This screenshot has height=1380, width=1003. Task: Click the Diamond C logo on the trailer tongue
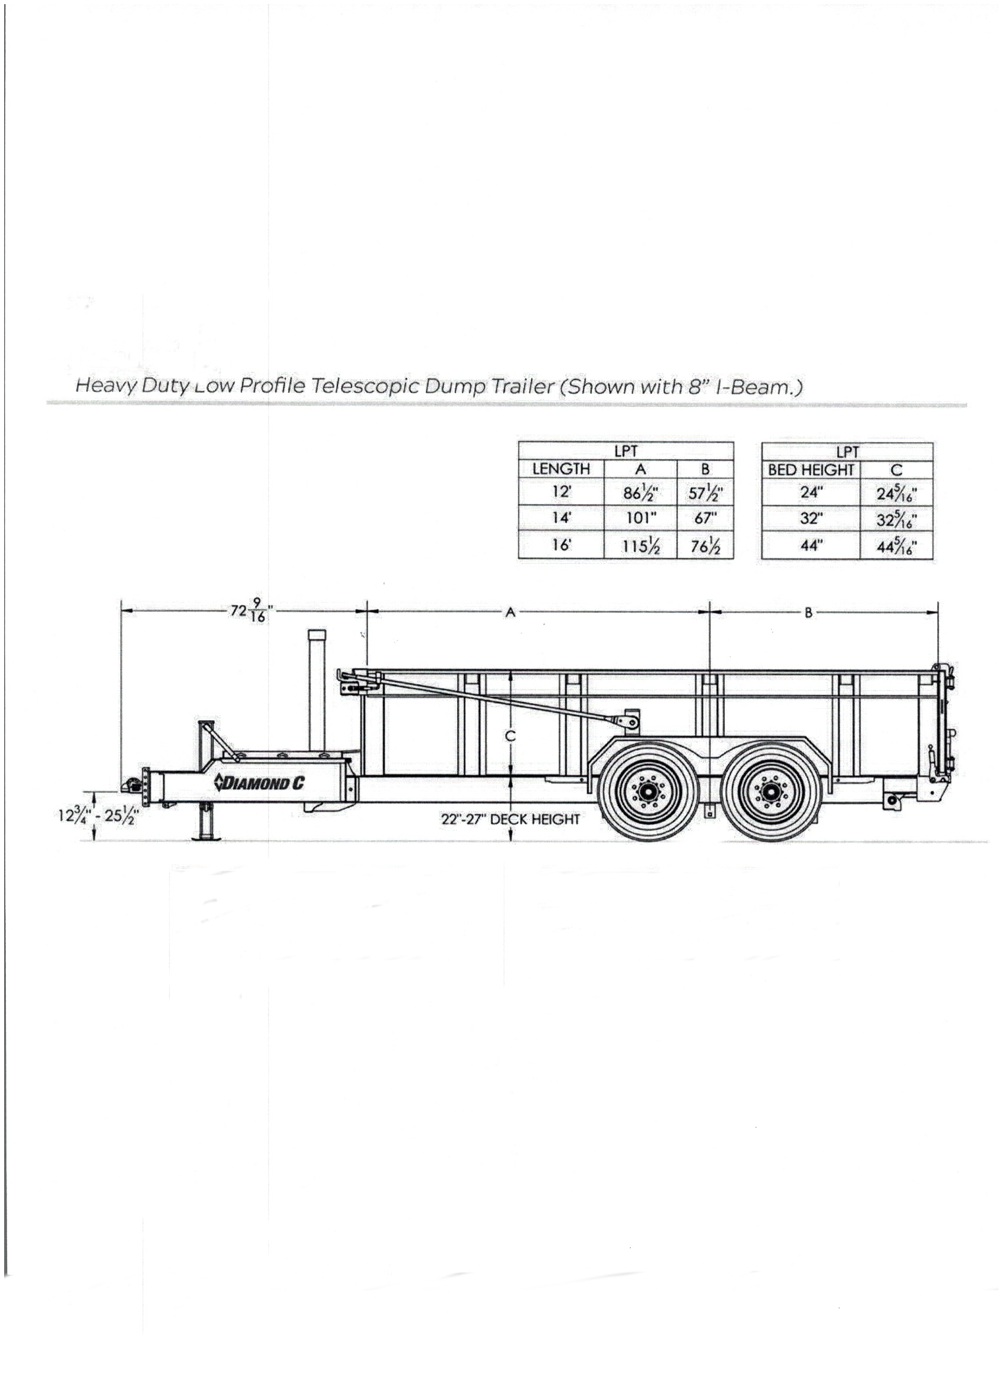(258, 784)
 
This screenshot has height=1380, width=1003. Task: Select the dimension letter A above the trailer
(510, 613)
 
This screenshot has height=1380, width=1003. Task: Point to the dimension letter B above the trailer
(808, 613)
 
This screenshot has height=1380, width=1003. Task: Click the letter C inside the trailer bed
(510, 736)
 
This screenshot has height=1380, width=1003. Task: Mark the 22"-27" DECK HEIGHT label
(510, 820)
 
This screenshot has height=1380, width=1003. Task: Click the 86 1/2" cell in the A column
(640, 493)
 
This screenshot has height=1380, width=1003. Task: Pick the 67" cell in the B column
(705, 518)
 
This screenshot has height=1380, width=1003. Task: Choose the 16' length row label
(561, 545)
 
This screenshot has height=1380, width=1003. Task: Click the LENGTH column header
(561, 469)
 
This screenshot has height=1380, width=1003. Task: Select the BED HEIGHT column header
(811, 470)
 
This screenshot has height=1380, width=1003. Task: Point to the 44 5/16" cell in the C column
(896, 547)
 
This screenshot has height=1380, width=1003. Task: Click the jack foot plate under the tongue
(208, 838)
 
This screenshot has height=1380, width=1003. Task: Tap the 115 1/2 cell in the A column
(640, 546)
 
